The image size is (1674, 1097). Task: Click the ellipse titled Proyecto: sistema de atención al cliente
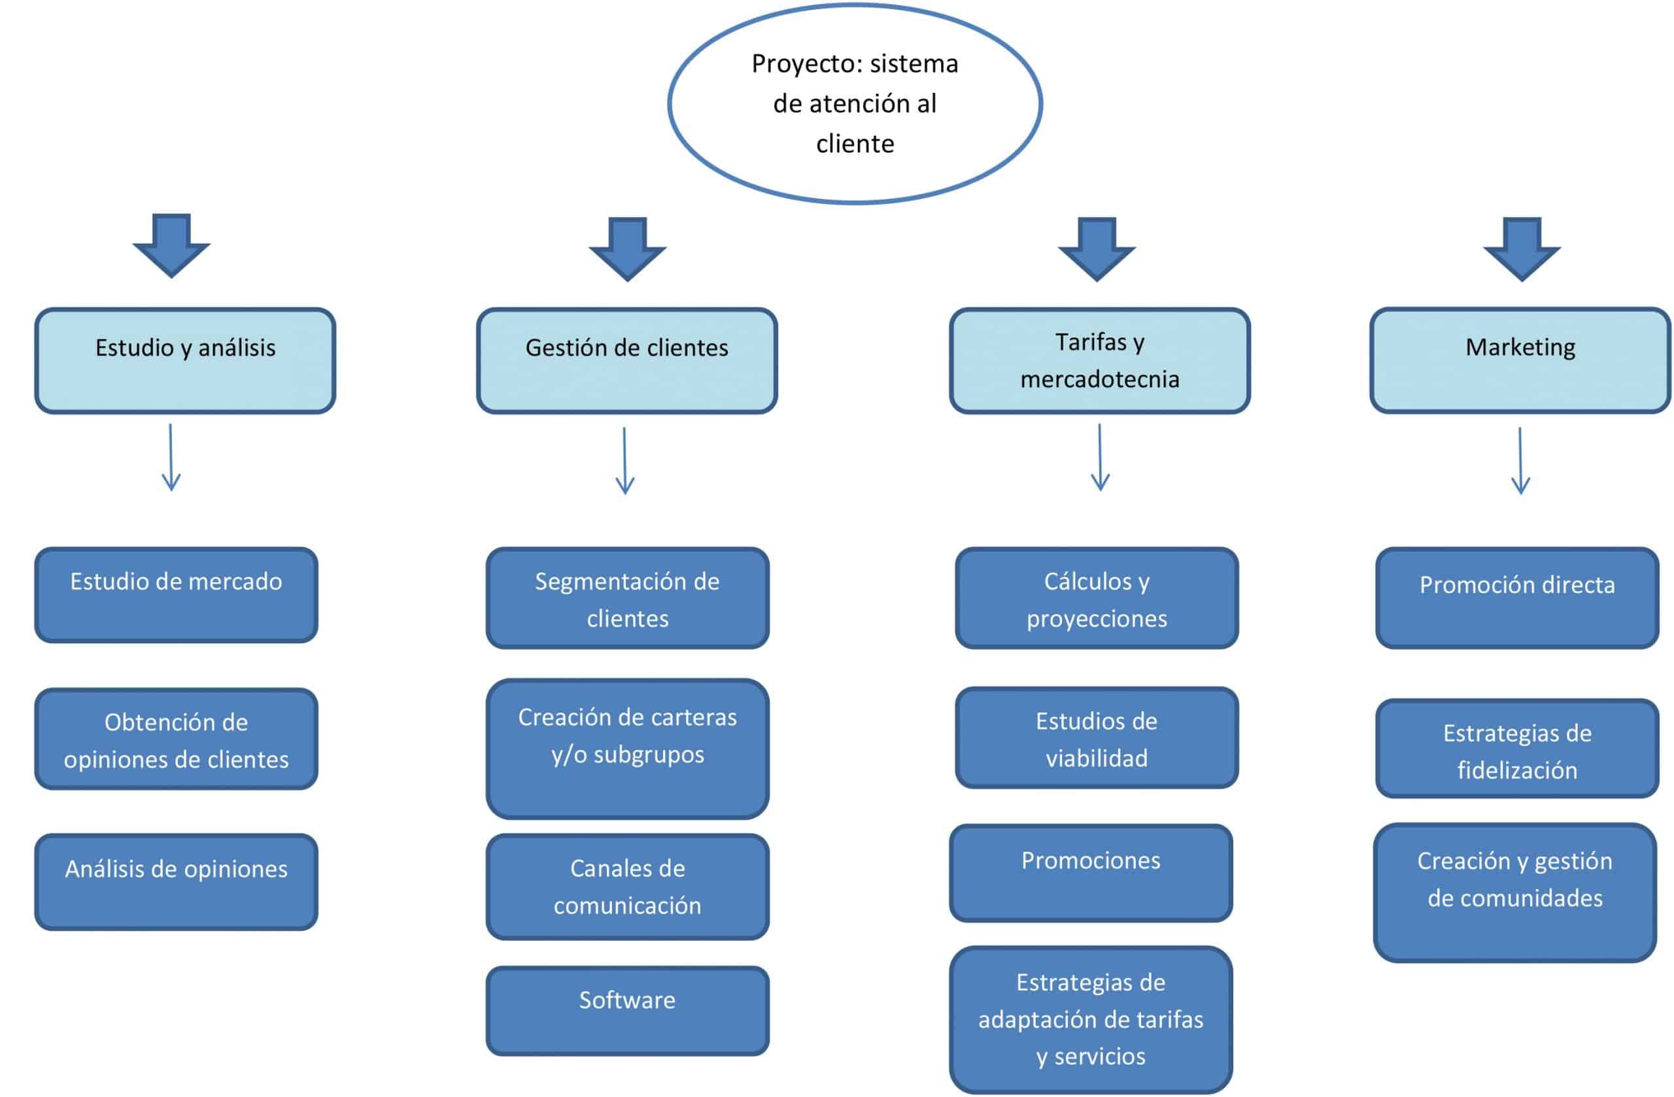click(855, 104)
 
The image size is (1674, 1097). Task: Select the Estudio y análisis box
click(185, 360)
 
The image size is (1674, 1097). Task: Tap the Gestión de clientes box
click(626, 360)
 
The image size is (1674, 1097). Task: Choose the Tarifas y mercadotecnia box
click(1099, 360)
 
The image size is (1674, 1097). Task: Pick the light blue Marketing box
click(1520, 360)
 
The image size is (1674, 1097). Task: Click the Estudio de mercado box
click(176, 595)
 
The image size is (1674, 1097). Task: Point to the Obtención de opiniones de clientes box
click(176, 739)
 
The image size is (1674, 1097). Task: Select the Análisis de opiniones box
click(176, 882)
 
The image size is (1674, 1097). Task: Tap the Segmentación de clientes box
click(627, 598)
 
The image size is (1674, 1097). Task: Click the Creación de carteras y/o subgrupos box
click(627, 748)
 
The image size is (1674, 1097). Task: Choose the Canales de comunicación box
click(627, 886)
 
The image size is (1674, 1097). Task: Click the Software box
click(627, 1011)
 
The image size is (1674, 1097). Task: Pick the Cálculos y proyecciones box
click(1097, 598)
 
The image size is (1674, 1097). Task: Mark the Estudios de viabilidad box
click(1097, 737)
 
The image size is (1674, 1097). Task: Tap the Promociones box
click(1091, 873)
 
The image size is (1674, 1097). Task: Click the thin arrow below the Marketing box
click(1521, 461)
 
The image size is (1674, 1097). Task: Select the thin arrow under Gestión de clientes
click(624, 461)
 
